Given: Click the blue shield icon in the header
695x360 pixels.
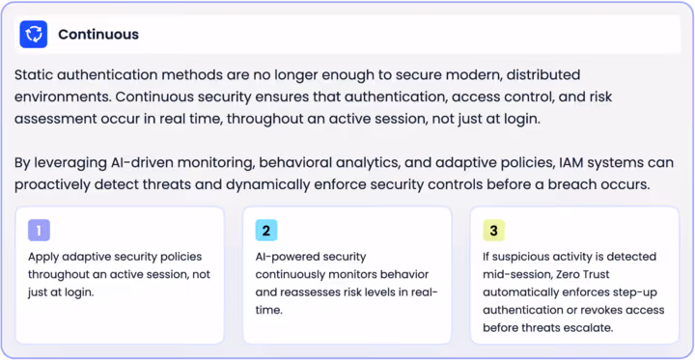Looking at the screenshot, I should click(34, 35).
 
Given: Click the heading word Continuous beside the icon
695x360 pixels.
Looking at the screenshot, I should click(98, 35).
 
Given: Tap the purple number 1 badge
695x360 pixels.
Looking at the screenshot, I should click(39, 231).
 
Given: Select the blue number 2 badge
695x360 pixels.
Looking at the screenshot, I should click(266, 231).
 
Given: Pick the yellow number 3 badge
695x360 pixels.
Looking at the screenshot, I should click(493, 231).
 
